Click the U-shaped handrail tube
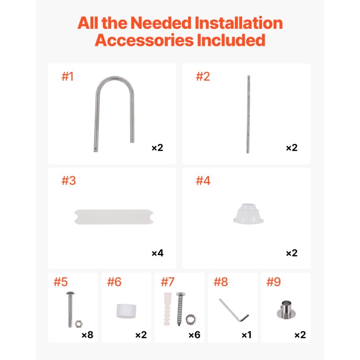(x=98, y=115)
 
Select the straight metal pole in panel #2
(x=248, y=114)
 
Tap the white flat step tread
(x=114, y=217)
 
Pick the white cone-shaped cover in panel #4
(x=248, y=213)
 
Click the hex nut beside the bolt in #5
(x=79, y=324)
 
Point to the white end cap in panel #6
(x=126, y=311)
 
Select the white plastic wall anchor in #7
(x=167, y=309)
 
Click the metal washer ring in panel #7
(x=191, y=320)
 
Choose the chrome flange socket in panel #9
(x=286, y=310)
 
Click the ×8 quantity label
(x=87, y=335)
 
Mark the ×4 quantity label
(x=157, y=253)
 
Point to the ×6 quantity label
(x=194, y=335)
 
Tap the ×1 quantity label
(x=247, y=335)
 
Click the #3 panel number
(x=69, y=180)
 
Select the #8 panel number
(x=220, y=282)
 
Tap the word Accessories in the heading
(x=144, y=40)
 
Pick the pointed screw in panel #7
(x=180, y=309)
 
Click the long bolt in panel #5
(x=70, y=310)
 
